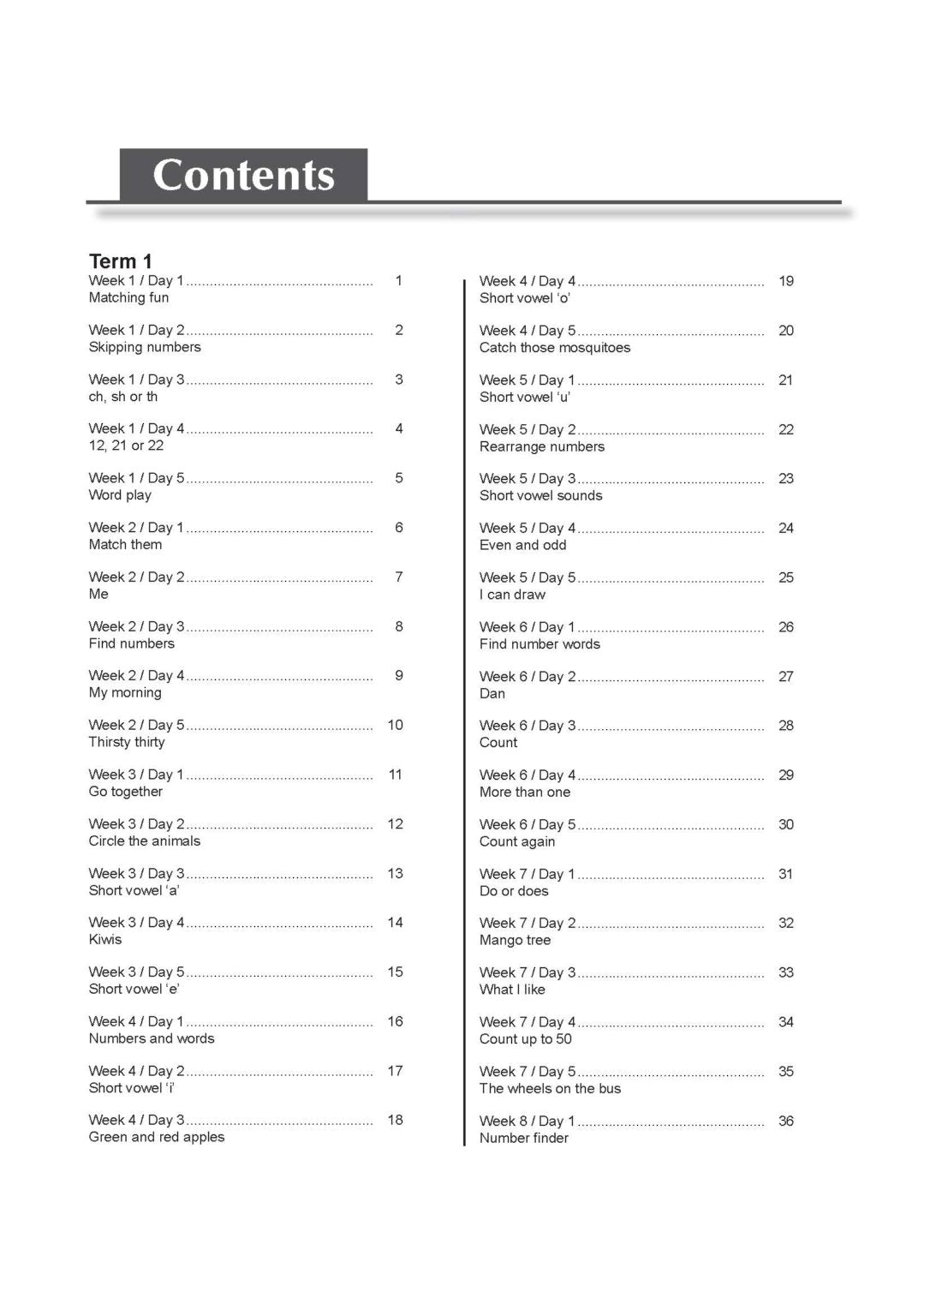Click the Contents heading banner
[x=243, y=176]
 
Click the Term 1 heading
[x=120, y=261]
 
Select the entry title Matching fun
[x=128, y=298]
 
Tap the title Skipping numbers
[x=145, y=347]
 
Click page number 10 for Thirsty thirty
[x=395, y=725]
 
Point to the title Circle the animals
[x=145, y=841]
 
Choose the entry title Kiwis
[x=105, y=940]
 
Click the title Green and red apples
[x=157, y=1137]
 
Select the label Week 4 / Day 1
[x=136, y=1021]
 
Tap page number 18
[x=395, y=1120]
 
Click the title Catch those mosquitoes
[x=555, y=348]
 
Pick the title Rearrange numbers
[x=542, y=446]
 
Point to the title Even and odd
[x=522, y=545]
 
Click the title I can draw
[x=512, y=595]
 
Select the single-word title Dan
[x=492, y=693]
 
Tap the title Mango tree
[x=515, y=940]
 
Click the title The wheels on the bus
[x=550, y=1088]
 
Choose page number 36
[x=786, y=1121]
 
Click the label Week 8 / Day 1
[x=528, y=1121]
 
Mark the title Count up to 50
[x=526, y=1039]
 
